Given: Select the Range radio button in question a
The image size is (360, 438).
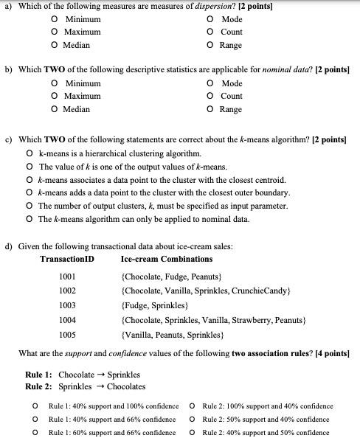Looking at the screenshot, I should (212, 45).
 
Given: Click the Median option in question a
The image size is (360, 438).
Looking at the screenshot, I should (55, 45).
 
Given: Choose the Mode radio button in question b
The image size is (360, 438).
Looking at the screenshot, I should (212, 83).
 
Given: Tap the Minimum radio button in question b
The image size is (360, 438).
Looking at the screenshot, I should (55, 83).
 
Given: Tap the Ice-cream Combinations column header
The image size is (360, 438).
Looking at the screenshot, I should (166, 259).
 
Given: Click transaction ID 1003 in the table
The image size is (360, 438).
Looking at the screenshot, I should (67, 305).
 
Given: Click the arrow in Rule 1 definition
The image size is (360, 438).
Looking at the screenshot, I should (100, 375).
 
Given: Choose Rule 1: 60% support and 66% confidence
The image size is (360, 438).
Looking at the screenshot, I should (35, 432).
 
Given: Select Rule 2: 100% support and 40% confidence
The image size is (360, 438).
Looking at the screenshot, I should (193, 406).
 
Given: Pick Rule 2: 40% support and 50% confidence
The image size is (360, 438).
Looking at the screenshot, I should (193, 432).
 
